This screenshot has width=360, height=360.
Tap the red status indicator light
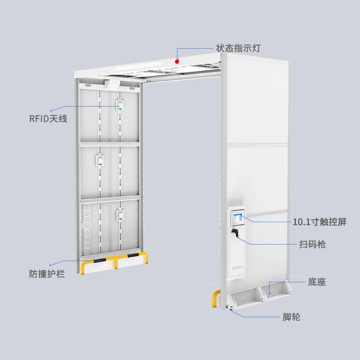(177, 61)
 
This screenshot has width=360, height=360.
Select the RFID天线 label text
(48, 118)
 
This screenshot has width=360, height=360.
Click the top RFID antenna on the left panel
(120, 105)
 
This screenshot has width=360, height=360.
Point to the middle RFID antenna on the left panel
(100, 160)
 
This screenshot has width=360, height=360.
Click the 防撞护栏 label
(47, 274)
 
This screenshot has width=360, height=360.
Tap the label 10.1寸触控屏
(320, 222)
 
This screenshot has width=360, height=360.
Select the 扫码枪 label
(312, 244)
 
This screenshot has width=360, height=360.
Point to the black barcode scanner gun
(236, 233)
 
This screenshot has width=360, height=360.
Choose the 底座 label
(317, 282)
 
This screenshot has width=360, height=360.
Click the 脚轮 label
(292, 317)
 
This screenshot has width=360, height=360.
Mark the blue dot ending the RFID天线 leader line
(51, 110)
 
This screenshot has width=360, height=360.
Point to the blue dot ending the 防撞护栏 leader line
(50, 265)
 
